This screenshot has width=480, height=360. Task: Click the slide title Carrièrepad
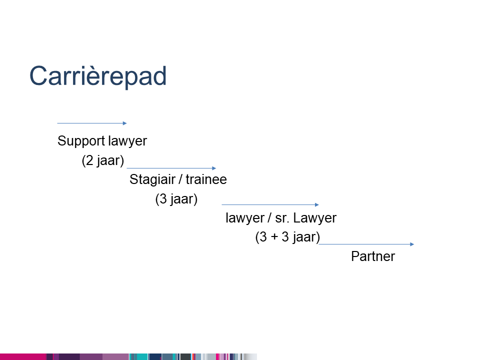(x=98, y=76)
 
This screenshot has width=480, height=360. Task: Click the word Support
(x=81, y=141)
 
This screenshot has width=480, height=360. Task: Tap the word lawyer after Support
(x=127, y=141)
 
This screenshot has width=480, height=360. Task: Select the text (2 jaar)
(x=103, y=160)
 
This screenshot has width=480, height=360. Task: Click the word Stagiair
(x=152, y=179)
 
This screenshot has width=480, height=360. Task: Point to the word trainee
(x=206, y=179)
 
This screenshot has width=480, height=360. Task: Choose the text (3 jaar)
(x=176, y=199)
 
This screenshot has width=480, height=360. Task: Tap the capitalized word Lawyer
(x=314, y=218)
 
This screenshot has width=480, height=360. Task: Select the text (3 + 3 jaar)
(x=287, y=237)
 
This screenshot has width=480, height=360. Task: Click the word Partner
(x=373, y=256)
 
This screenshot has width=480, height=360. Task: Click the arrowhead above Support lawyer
(x=124, y=123)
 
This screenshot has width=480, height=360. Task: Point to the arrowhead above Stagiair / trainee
(x=214, y=168)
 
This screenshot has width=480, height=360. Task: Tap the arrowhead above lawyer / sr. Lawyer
(x=317, y=205)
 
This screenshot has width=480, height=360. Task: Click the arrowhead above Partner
(x=412, y=244)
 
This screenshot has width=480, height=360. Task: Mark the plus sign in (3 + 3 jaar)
(x=274, y=237)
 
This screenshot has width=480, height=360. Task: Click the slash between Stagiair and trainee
(x=180, y=179)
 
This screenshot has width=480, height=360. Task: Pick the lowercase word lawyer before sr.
(x=245, y=218)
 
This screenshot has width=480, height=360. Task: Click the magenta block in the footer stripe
(x=23, y=357)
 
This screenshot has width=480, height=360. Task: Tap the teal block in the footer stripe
(x=141, y=357)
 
